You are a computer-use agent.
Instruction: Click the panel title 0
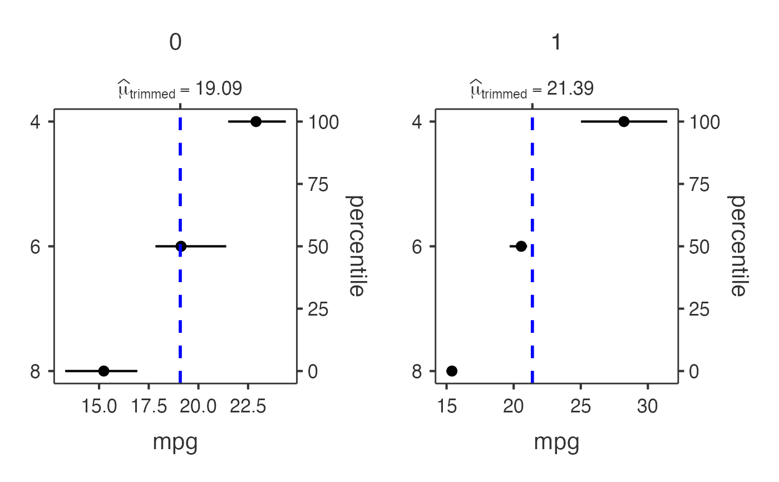(x=175, y=43)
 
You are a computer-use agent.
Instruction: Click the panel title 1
(x=556, y=43)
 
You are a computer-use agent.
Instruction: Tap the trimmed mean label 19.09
(x=180, y=89)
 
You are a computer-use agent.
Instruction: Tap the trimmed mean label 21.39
(x=533, y=89)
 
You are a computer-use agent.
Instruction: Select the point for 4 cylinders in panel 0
(x=256, y=121)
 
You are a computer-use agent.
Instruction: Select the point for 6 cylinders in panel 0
(x=180, y=246)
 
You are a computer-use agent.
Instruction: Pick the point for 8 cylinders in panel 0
(x=103, y=371)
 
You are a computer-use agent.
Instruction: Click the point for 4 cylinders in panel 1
(x=624, y=121)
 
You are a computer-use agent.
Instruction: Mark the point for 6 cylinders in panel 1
(x=521, y=246)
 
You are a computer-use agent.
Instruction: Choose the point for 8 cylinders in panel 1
(x=452, y=371)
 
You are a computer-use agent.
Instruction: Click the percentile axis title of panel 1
(x=737, y=246)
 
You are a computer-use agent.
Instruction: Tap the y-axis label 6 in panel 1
(x=417, y=246)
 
